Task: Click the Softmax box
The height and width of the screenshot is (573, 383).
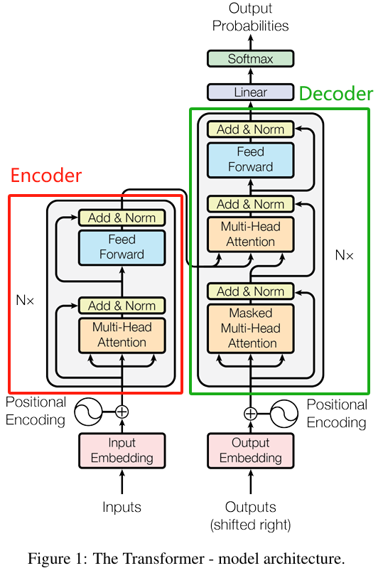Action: click(250, 58)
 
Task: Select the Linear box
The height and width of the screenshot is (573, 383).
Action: click(250, 92)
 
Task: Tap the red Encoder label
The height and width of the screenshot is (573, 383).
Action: click(46, 176)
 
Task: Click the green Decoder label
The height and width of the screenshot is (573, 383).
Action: click(336, 94)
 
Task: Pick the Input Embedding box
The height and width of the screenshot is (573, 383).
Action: click(122, 451)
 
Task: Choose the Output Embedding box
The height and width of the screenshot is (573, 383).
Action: click(250, 451)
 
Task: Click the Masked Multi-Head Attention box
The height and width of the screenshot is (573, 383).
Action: click(250, 328)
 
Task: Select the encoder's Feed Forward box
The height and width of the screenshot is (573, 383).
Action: click(122, 247)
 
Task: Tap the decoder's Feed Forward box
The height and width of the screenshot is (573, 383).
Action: click(250, 160)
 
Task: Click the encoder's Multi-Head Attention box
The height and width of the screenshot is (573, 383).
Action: click(122, 336)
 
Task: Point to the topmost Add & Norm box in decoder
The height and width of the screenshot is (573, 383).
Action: click(250, 129)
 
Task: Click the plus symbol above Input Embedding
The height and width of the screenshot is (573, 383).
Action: click(122, 412)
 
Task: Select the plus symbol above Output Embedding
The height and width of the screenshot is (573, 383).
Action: click(250, 414)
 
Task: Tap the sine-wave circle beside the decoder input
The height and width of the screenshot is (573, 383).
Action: click(284, 414)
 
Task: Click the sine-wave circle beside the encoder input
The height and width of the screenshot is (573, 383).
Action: click(88, 412)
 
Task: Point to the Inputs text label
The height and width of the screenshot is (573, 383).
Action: click(122, 507)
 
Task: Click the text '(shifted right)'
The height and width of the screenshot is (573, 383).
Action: click(250, 525)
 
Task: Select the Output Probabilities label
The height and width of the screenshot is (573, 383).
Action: click(250, 17)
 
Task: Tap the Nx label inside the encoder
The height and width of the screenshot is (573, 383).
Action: click(25, 301)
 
